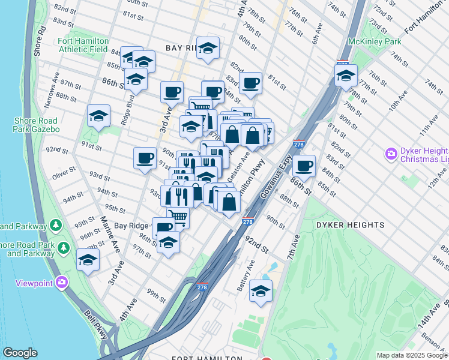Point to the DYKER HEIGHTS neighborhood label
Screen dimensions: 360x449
tap(350, 225)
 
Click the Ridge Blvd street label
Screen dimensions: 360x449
tap(126, 109)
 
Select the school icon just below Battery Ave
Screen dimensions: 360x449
tap(261, 291)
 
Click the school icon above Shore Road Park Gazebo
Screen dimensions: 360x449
tap(98, 116)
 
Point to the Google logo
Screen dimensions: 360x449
tap(20, 353)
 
